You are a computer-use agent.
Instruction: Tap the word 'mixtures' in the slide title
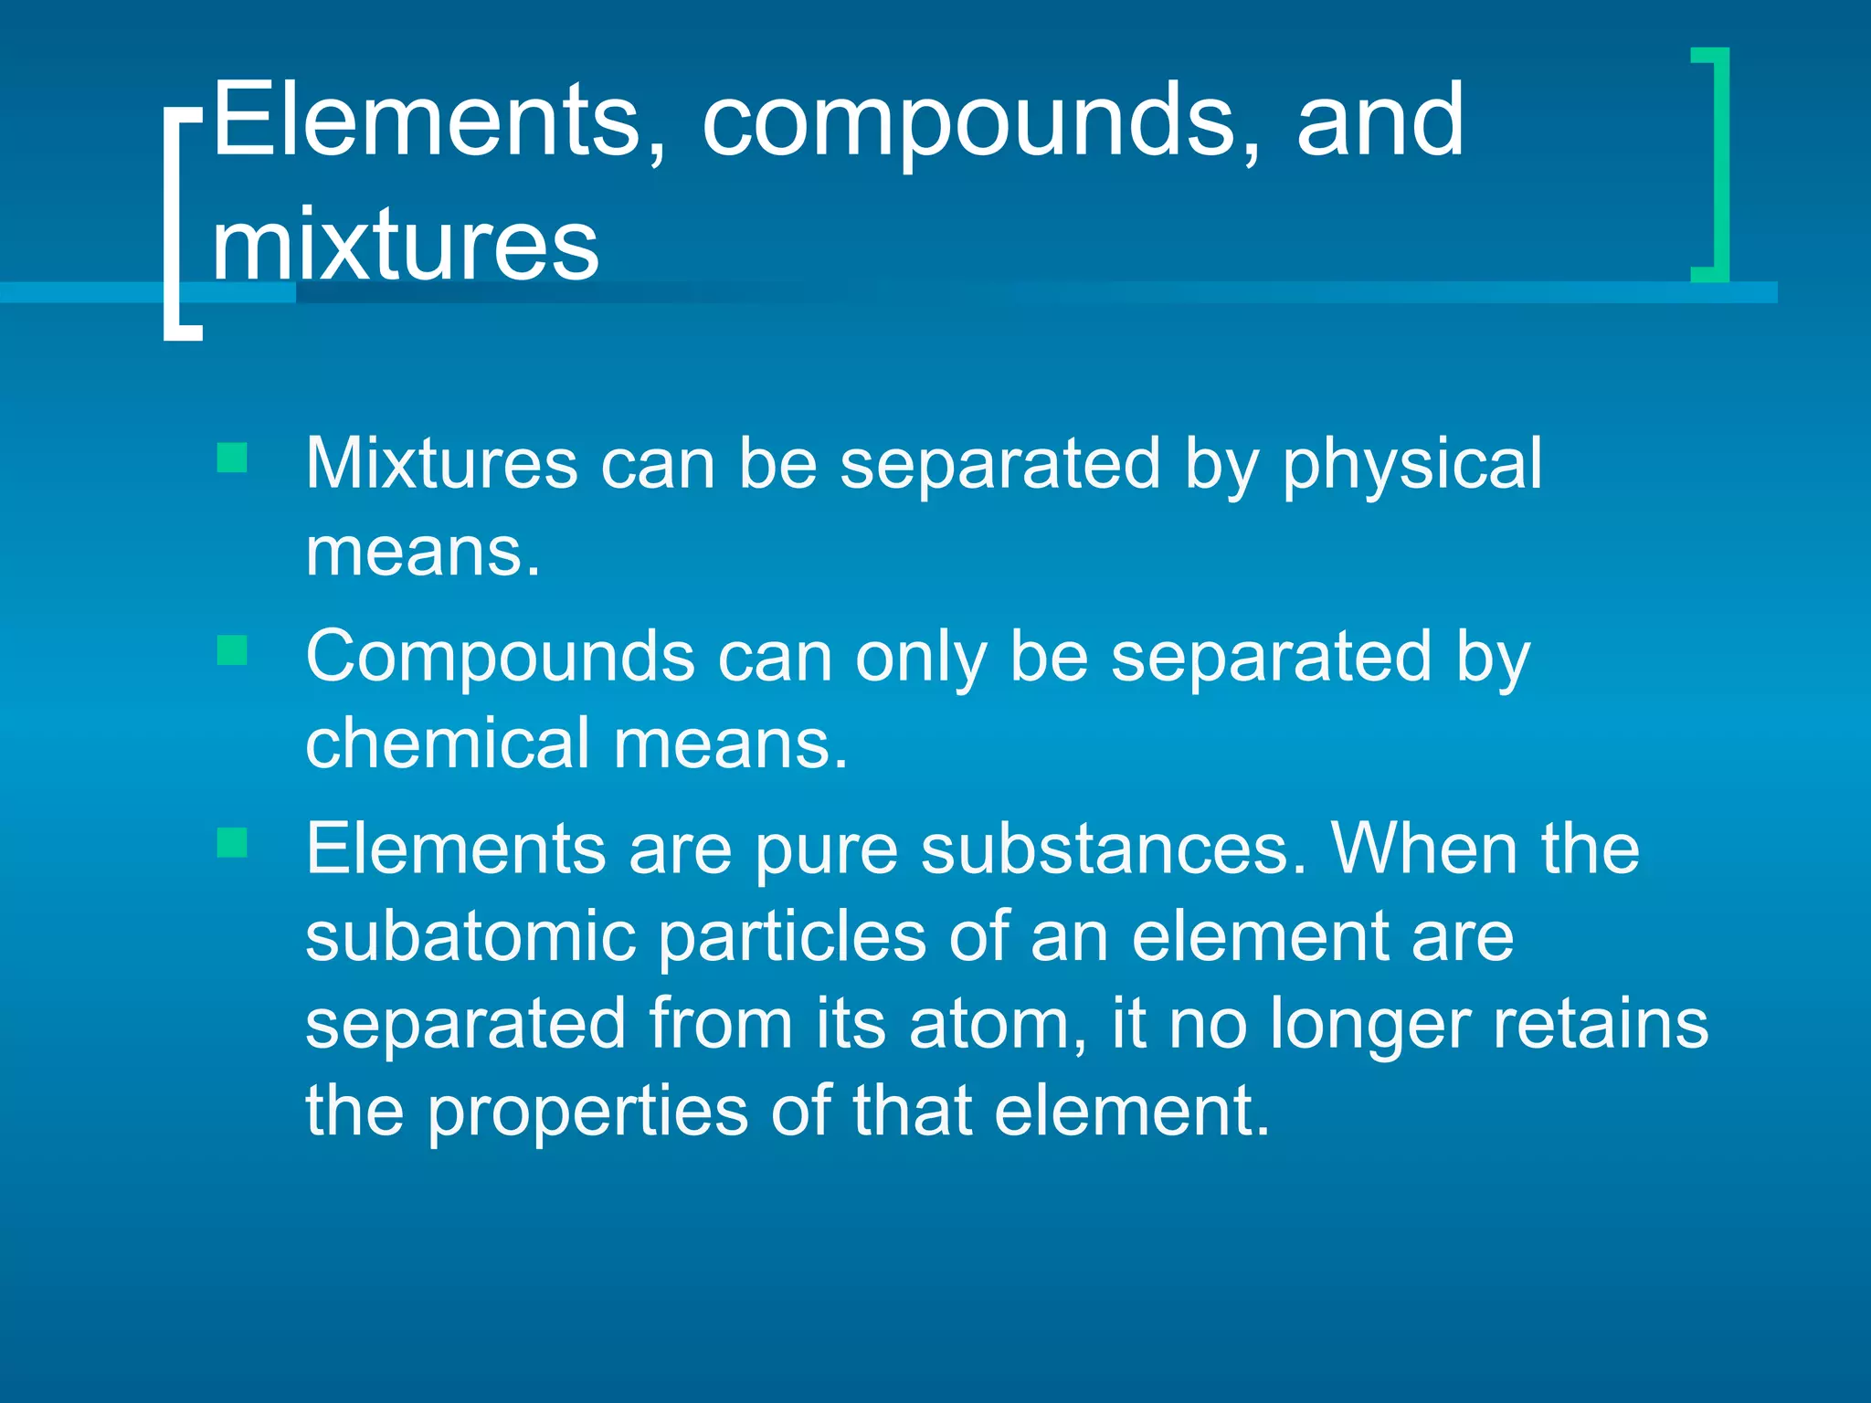[x=406, y=245]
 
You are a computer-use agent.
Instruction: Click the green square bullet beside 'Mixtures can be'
[x=232, y=458]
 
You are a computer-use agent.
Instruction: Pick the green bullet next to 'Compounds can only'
[x=232, y=650]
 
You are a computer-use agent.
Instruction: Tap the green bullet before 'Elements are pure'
[x=232, y=843]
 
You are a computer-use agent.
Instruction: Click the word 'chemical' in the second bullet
[x=448, y=744]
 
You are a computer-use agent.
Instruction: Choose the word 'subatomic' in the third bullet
[x=470, y=937]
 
